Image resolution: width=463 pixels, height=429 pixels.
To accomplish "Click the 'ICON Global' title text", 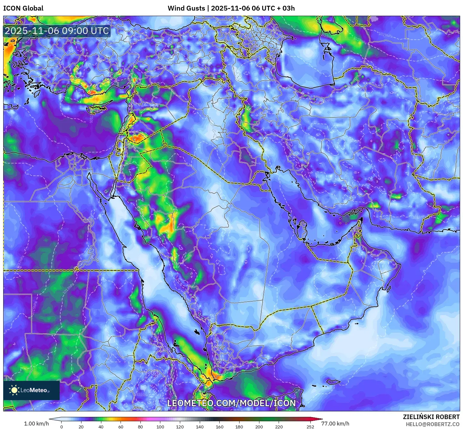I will (x=23, y=8).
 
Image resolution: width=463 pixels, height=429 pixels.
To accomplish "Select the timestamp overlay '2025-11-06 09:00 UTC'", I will (x=57, y=31).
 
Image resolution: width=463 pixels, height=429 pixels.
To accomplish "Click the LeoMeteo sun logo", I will (x=14, y=390).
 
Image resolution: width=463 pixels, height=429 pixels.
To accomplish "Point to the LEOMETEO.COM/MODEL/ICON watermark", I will (x=231, y=403).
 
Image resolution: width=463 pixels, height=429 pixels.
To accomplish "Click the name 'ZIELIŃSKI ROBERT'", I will (x=431, y=417).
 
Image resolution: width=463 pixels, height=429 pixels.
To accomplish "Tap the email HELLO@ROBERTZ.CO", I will (x=433, y=424).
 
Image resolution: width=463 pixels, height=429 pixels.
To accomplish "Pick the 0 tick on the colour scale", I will (x=62, y=427).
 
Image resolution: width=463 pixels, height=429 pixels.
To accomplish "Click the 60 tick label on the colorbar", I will (x=121, y=427).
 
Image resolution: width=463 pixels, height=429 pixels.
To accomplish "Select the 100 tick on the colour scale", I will (x=160, y=427).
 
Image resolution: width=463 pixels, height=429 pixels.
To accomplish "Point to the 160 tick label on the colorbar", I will (x=219, y=427).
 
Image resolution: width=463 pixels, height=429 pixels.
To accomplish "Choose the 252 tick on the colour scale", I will (x=310, y=427).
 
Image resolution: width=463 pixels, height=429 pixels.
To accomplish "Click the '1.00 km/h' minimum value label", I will (x=36, y=424).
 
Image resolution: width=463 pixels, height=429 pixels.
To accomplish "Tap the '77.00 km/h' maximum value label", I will (x=335, y=424).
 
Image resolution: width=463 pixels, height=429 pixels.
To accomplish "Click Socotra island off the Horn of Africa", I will (x=334, y=382).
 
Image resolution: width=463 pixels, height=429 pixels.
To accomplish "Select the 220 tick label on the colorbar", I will (x=279, y=427).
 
